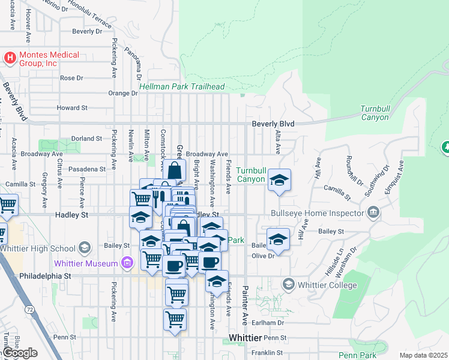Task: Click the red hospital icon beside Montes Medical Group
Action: (10, 58)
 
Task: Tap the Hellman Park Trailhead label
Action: (182, 87)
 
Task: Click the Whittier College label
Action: (328, 285)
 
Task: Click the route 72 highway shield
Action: (29, 310)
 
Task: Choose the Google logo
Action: (20, 353)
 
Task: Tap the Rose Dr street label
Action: (71, 78)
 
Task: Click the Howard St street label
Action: (73, 108)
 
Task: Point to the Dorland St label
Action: (87, 139)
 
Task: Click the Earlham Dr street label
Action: (272, 322)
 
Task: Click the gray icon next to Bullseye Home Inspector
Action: (373, 212)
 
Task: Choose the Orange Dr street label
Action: (123, 93)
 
